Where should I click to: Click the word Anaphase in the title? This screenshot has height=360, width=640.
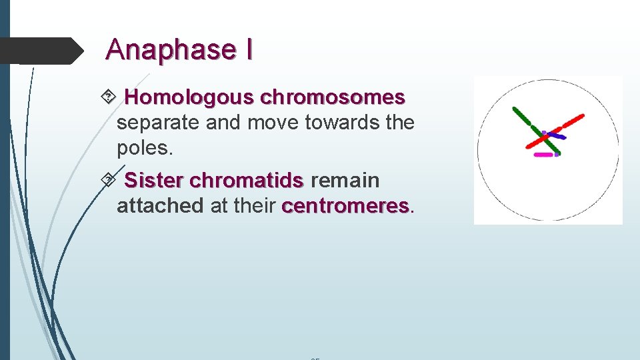point(170,49)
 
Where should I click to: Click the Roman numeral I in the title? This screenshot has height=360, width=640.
point(248,49)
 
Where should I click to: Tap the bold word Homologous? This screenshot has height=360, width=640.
point(189,97)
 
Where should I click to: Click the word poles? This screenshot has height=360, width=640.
point(144,148)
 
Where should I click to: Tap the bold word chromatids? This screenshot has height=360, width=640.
point(246,180)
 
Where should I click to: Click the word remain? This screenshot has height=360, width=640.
point(345,180)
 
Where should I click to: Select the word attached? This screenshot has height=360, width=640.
point(159,206)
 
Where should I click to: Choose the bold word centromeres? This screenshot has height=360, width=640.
point(345,206)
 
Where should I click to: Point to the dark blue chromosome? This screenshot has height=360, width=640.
point(555,135)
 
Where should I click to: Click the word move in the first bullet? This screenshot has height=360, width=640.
point(270,123)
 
